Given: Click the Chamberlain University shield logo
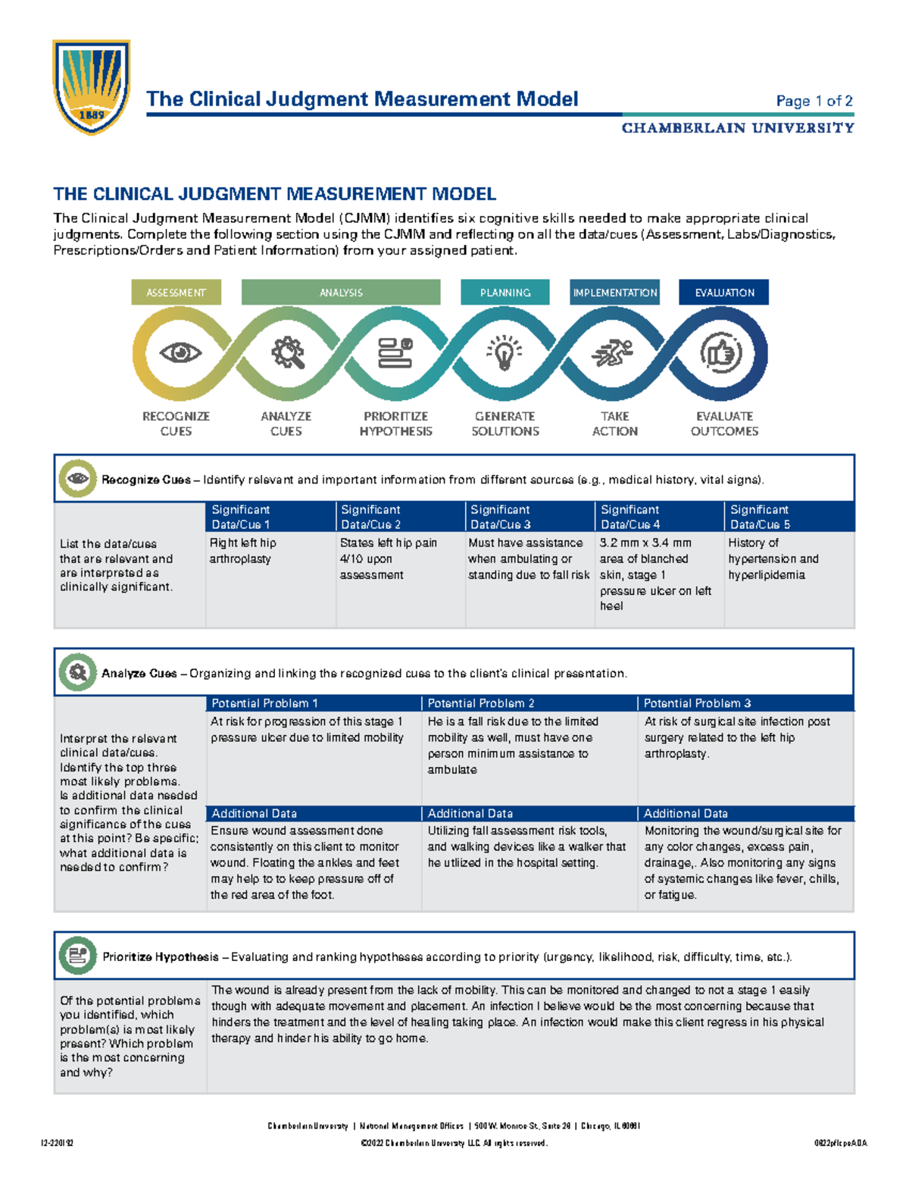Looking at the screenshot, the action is (92, 86).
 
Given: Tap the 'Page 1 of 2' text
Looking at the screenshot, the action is (814, 101).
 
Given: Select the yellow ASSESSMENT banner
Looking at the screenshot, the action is (176, 293).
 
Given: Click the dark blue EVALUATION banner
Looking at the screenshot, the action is (724, 293).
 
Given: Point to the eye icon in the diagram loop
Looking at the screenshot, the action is (180, 352).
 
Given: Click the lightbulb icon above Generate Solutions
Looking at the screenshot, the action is (504, 353).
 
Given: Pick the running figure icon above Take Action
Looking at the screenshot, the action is (614, 353).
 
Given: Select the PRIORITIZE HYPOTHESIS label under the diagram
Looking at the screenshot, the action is (395, 424).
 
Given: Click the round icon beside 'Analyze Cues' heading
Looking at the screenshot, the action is (77, 672).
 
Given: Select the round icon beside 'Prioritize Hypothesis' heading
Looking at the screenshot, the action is (77, 956).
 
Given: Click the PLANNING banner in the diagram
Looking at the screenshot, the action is (504, 293).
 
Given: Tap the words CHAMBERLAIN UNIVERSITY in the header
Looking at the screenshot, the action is (738, 128).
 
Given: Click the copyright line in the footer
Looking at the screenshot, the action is (454, 1143).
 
